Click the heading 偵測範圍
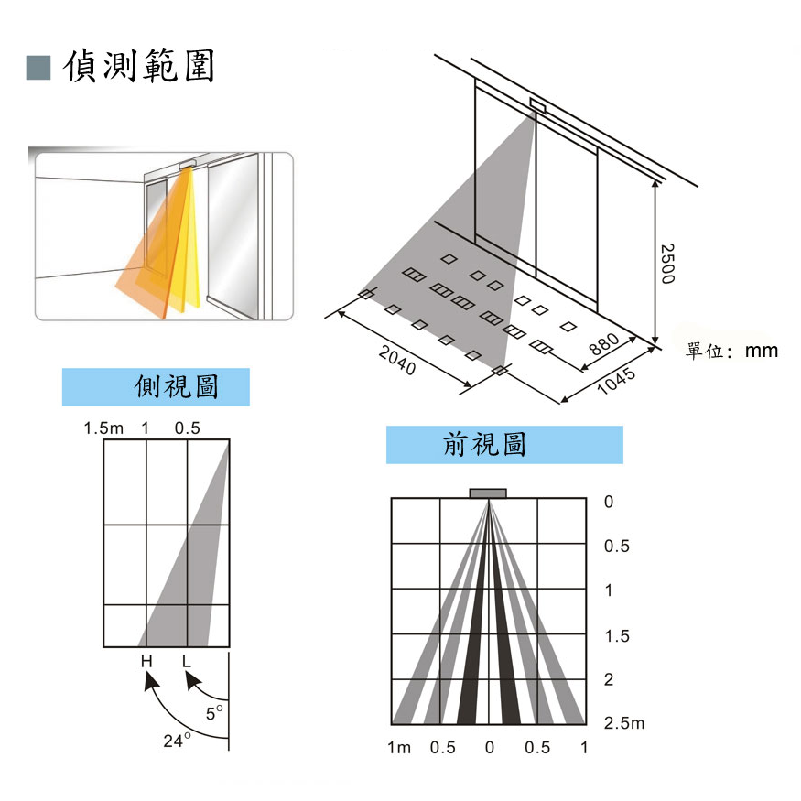(x=139, y=66)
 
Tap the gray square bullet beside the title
(x=38, y=67)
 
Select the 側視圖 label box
(x=156, y=387)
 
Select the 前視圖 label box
(x=503, y=445)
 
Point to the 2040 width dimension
(x=398, y=363)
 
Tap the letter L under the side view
(x=187, y=661)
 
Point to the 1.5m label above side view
(x=103, y=428)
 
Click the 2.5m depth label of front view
(x=624, y=723)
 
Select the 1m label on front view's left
(x=399, y=748)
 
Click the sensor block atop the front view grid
(x=488, y=493)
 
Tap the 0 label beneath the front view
(x=490, y=748)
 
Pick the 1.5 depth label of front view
(x=617, y=635)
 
